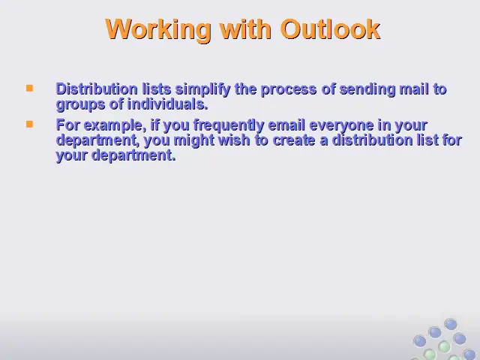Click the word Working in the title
158,30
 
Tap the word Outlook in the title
330,29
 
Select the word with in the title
246,29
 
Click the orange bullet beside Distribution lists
30,88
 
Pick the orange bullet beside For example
30,124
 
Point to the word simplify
202,90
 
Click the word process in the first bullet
289,90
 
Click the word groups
81,105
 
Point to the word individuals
167,104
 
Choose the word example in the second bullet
113,126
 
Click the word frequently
229,126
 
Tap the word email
286,125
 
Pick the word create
294,140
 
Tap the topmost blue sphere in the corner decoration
451,325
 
